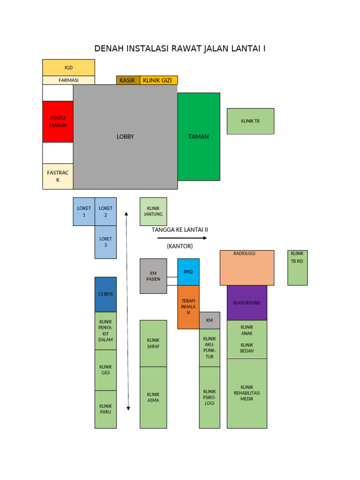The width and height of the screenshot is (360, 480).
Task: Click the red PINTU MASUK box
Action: click(x=58, y=121)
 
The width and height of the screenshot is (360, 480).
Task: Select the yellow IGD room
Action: click(x=68, y=67)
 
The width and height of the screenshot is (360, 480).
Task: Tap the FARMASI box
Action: click(x=68, y=80)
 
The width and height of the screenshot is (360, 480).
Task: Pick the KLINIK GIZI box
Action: click(x=158, y=80)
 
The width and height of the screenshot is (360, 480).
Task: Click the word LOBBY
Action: click(x=125, y=136)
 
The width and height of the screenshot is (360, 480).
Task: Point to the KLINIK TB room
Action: click(x=250, y=121)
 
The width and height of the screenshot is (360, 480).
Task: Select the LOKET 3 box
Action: click(x=105, y=242)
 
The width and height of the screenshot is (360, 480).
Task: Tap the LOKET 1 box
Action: click(x=84, y=211)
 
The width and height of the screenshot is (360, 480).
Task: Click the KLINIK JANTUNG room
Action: click(x=153, y=211)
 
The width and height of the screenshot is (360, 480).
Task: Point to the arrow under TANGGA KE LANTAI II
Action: click(x=182, y=238)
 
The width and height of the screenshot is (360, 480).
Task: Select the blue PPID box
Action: click(x=188, y=272)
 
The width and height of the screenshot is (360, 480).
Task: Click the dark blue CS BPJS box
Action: click(x=105, y=294)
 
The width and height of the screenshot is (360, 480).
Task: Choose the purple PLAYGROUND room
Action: click(x=247, y=303)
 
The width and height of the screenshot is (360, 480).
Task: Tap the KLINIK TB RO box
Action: click(x=298, y=268)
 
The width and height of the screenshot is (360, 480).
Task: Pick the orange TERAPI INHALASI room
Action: click(x=188, y=307)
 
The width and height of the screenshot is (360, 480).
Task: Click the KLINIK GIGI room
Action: click(x=105, y=370)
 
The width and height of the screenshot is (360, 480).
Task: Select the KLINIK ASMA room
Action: click(x=153, y=397)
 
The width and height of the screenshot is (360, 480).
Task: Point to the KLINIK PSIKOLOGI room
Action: click(x=210, y=397)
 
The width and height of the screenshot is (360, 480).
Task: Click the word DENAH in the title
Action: click(x=109, y=49)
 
